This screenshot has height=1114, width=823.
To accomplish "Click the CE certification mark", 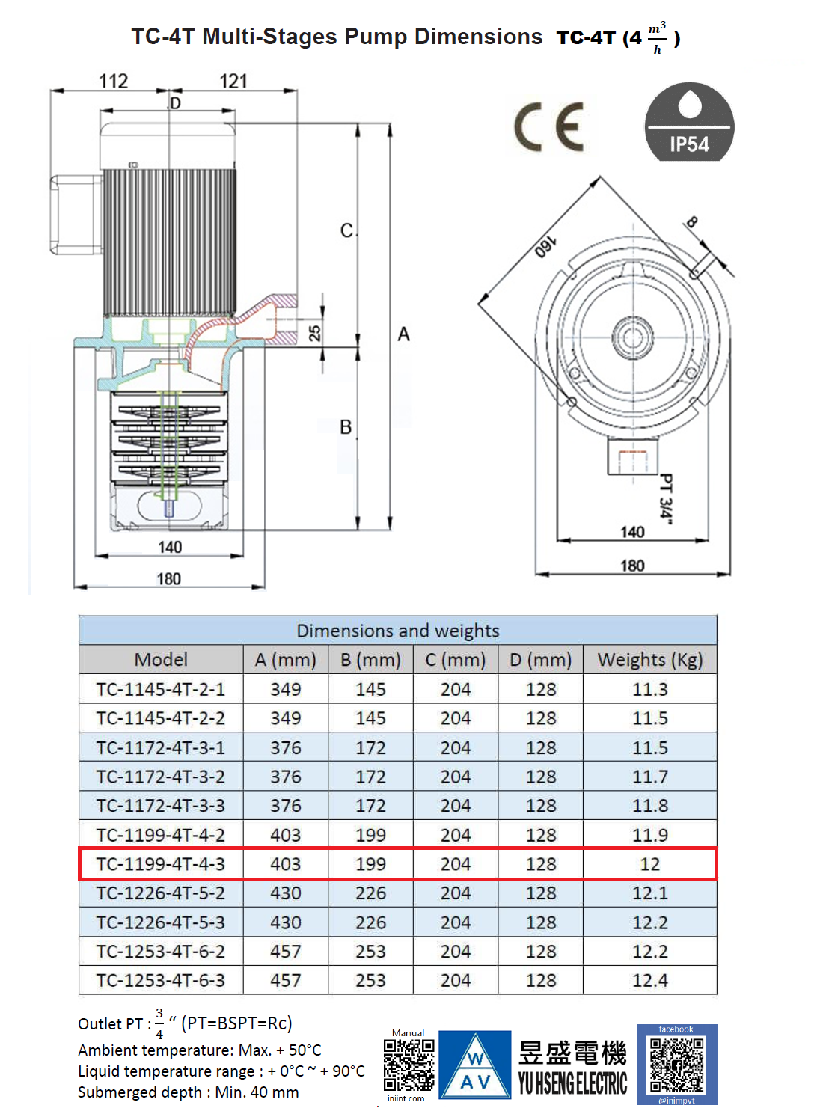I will click(549, 127).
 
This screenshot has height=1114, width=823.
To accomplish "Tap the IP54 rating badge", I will click(689, 122).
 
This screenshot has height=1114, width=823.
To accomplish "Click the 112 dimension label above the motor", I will click(114, 81).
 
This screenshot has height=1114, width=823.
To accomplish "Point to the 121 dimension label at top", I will click(233, 81).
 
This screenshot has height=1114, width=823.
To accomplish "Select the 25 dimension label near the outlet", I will click(315, 333).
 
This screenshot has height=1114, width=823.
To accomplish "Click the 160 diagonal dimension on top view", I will click(544, 247).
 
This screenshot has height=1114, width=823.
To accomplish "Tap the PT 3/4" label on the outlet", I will click(665, 496).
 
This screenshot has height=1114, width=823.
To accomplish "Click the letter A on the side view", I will click(403, 334).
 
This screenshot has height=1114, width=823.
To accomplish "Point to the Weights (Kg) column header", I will click(649, 660).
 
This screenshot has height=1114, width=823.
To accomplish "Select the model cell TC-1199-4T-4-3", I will click(161, 864).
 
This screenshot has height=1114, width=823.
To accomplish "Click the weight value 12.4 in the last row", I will click(649, 980).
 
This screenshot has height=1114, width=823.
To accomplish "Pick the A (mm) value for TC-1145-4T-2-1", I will click(286, 689).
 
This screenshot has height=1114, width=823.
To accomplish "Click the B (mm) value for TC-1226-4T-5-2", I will click(370, 893).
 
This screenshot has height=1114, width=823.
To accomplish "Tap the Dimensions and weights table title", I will click(397, 631).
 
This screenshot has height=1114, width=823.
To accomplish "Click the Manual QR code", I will click(409, 1065).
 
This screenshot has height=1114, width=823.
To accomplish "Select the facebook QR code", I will click(676, 1065).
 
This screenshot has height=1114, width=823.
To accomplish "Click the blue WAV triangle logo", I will click(475, 1065).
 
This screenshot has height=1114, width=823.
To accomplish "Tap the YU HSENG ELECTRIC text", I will click(572, 1083).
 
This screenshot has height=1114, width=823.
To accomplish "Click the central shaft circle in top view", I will click(633, 337).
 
